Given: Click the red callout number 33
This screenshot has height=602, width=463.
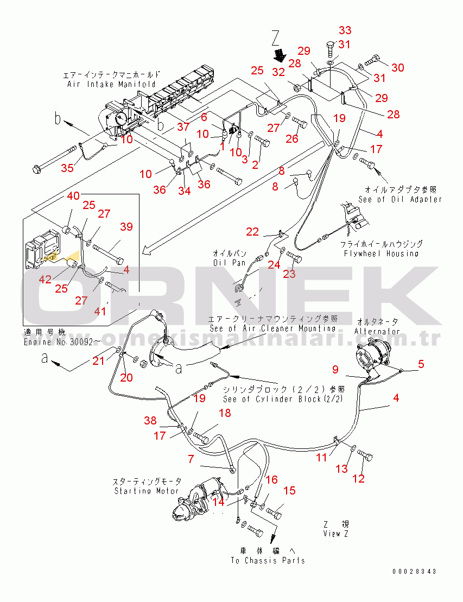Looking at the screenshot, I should [345, 30].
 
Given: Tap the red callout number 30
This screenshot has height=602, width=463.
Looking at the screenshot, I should [398, 67].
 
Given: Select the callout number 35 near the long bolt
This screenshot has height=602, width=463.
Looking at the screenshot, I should [67, 168].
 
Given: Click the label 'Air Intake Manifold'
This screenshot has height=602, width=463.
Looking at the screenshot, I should [111, 84].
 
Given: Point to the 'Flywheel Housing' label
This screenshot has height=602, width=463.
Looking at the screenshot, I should [382, 253].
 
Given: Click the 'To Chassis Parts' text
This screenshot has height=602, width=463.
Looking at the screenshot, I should [268, 560].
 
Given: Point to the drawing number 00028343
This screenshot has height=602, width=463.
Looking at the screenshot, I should [415, 571].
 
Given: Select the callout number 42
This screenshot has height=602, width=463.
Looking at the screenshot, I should [45, 279].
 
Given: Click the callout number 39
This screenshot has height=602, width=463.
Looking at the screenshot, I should [126, 227].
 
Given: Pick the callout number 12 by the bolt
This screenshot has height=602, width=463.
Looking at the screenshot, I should [359, 478].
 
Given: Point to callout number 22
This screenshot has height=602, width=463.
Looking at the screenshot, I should [252, 232].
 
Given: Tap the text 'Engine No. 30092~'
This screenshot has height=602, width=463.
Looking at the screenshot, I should [62, 341].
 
